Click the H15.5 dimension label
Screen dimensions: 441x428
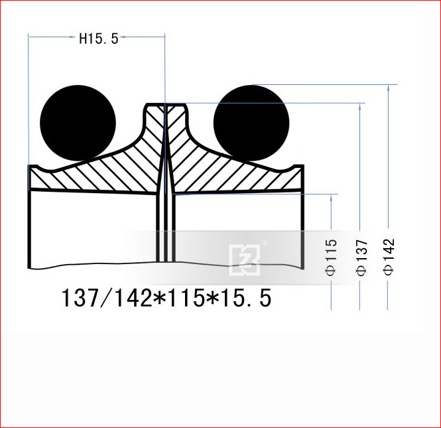(x=99, y=39)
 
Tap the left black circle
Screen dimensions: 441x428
(x=78, y=123)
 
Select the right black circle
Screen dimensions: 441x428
(x=251, y=123)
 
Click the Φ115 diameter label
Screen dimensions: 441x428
(x=331, y=257)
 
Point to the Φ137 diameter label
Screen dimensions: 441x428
(x=361, y=257)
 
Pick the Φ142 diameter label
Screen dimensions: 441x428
(x=389, y=257)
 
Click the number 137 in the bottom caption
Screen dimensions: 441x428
(x=77, y=298)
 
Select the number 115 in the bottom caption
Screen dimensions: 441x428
(x=186, y=298)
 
